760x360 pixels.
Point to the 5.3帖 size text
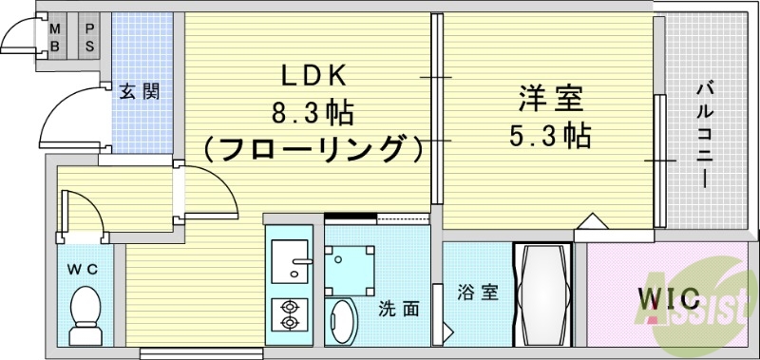coord(549,134)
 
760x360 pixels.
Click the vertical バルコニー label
coord(705,133)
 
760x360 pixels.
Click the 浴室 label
coord(478,293)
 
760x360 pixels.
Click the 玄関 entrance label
coord(139,91)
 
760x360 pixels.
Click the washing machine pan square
coord(352,265)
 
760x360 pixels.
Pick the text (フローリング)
coord(313,149)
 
